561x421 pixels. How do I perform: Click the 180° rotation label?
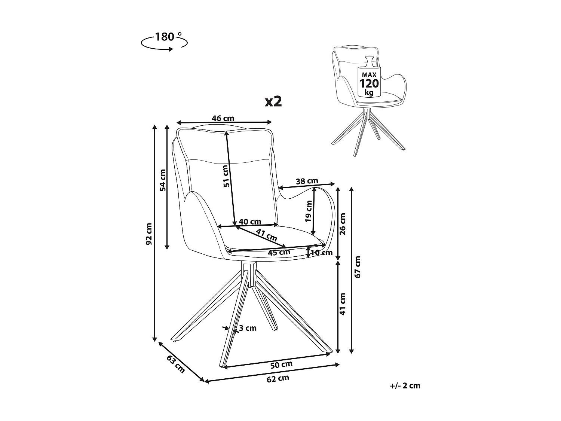[165, 37]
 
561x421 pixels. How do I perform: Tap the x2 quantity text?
[273, 101]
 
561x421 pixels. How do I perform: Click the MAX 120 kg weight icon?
[369, 77]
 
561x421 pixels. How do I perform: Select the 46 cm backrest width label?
[223, 118]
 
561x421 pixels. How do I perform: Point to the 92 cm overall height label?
[149, 234]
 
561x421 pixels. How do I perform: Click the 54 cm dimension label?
[162, 180]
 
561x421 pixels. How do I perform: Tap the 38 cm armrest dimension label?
[307, 181]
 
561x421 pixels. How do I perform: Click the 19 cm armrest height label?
[309, 211]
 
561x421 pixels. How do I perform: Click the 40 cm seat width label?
[250, 222]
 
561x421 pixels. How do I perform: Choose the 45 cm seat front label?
[279, 252]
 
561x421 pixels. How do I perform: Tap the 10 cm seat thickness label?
[322, 253]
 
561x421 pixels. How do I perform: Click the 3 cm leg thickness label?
[248, 328]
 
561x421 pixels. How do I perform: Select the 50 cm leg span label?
[281, 364]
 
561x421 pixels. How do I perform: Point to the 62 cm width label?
[278, 378]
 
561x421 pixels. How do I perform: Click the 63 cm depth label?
[176, 364]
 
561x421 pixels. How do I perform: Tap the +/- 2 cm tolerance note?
[405, 385]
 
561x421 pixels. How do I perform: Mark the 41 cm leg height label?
[343, 304]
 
